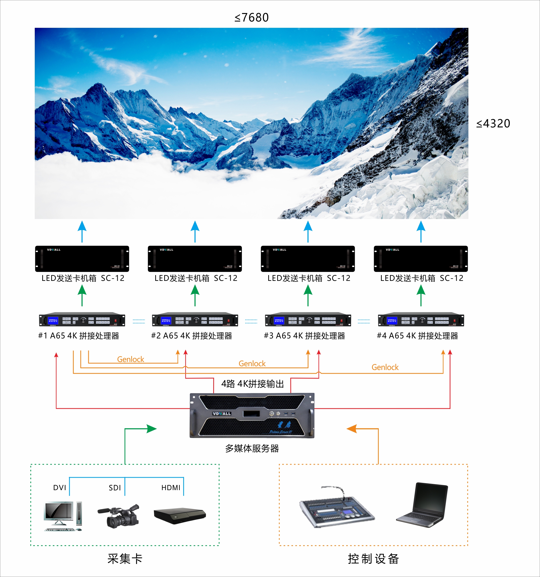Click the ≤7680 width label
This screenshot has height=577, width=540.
click(251, 18)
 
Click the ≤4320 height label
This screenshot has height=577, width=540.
click(493, 124)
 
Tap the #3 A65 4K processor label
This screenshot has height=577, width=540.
click(304, 336)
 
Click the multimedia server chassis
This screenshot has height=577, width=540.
click(252, 415)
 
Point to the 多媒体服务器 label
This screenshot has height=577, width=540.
click(252, 448)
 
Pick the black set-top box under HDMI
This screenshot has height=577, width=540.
click(180, 515)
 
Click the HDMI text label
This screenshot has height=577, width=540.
click(171, 488)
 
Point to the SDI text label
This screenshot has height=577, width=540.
click(115, 488)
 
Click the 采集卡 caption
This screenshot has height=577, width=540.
click(125, 559)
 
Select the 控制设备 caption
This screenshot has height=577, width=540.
click(373, 559)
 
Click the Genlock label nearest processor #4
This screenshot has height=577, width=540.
click(385, 367)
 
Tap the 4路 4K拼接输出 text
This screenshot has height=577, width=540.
click(252, 384)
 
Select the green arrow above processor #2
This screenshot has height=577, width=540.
click(195, 295)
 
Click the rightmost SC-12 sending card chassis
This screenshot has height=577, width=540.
click(420, 259)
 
